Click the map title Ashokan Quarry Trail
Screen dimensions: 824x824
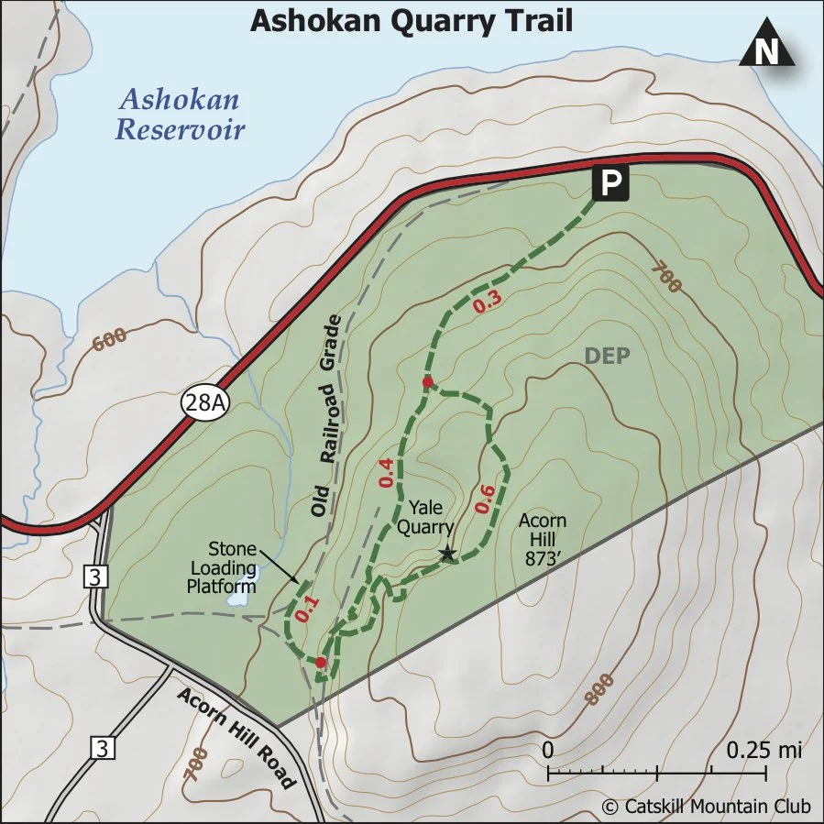click(x=412, y=21)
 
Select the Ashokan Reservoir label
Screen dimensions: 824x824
click(x=180, y=114)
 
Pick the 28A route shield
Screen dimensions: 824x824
click(x=203, y=402)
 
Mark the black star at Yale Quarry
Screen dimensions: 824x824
click(x=447, y=553)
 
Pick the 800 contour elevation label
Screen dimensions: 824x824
click(x=597, y=690)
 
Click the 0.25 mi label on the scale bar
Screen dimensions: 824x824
click(x=764, y=750)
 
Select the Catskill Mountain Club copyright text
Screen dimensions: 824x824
click(x=707, y=807)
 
